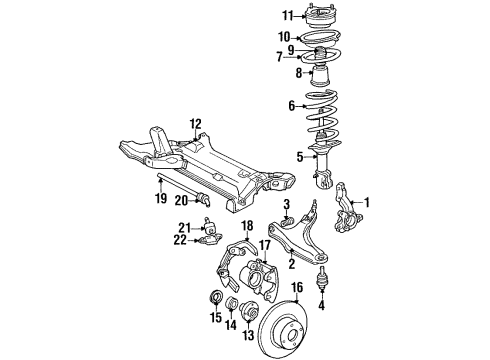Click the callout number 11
[288, 15]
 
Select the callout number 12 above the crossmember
[196, 123]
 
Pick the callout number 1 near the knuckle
[366, 202]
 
